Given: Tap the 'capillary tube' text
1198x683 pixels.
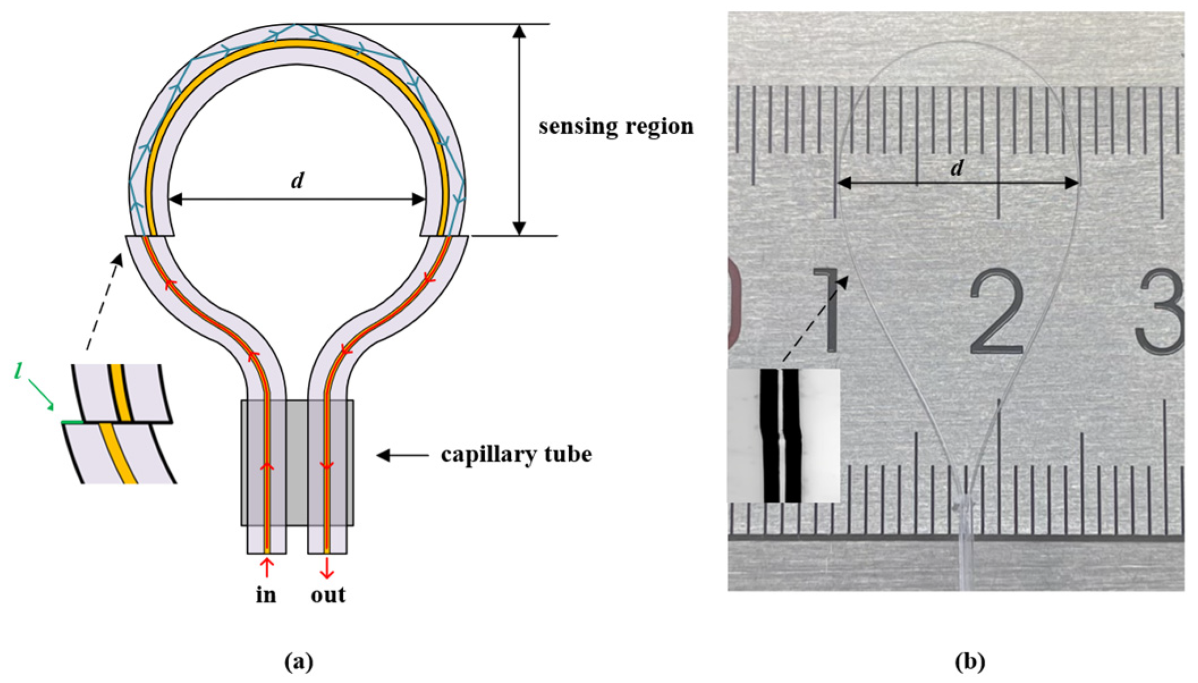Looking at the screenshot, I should point(516,455).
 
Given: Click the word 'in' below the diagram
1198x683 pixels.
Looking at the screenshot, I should point(266,595).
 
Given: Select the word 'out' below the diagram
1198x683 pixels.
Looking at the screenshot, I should point(328,595).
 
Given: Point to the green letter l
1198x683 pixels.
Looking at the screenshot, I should point(19,372).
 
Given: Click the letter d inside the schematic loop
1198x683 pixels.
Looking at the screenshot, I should point(297,181).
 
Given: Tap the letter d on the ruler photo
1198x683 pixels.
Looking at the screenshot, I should point(957,168).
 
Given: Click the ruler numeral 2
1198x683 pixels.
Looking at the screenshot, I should point(996,313).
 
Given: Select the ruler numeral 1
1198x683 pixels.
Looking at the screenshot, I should point(828,311).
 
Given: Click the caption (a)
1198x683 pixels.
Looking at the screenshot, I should point(299,662).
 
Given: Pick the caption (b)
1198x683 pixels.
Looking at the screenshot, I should point(970,662).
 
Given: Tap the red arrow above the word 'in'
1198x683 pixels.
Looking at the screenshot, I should point(266,567).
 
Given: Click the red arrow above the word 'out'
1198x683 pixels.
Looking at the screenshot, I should point(327,569).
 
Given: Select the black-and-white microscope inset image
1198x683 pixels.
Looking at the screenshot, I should point(783,435).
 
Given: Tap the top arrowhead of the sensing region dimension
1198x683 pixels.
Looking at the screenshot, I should point(519,31).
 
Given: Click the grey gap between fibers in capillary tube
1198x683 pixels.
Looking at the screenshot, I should point(297,462).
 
